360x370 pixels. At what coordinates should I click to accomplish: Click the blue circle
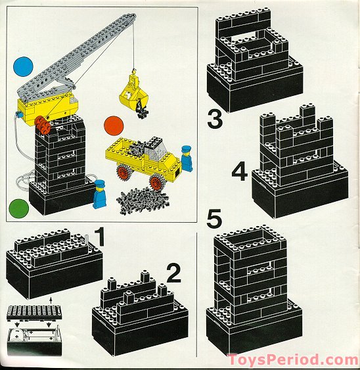tap(23, 66)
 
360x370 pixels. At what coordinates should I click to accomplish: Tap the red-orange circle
tap(114, 126)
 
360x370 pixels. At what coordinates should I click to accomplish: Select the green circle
tap(18, 209)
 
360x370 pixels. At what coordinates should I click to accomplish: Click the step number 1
tap(100, 237)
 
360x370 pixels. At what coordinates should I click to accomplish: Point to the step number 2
tap(174, 273)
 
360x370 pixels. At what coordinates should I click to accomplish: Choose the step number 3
tap(215, 120)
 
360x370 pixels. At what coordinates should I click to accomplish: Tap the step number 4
tap(240, 172)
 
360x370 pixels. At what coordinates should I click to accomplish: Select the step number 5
tap(214, 219)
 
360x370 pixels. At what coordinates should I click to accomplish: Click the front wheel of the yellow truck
tap(156, 182)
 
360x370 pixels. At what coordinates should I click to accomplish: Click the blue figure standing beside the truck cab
tap(187, 158)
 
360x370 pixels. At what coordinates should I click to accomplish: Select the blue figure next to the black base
tap(99, 194)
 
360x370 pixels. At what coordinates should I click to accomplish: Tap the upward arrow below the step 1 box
tap(51, 301)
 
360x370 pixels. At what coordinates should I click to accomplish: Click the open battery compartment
tap(34, 341)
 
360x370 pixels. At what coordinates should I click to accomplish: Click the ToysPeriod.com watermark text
tap(294, 360)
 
